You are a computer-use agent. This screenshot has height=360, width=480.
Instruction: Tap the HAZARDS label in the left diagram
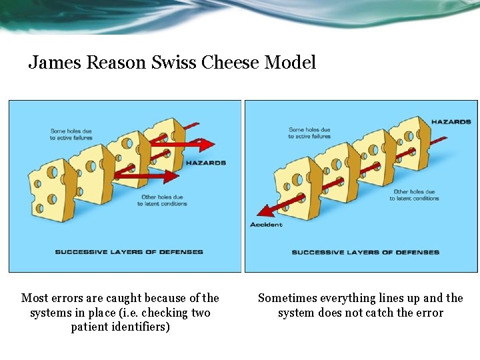pos(205,163)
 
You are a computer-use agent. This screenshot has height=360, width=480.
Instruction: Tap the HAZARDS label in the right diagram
pos(451,122)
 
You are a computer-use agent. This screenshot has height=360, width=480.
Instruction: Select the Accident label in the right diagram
pos(266,225)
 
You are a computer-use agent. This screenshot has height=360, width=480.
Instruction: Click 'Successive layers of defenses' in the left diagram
pos(129,252)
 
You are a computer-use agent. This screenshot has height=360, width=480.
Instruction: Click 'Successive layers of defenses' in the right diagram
pos(365,252)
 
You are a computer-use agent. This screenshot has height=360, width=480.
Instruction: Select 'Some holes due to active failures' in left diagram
pos(71,134)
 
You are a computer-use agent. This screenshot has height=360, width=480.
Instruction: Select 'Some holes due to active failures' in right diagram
pos(309,133)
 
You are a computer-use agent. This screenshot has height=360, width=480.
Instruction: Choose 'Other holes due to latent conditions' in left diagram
pos(164,200)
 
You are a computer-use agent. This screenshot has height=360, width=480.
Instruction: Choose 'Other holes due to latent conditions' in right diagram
pos(415,195)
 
